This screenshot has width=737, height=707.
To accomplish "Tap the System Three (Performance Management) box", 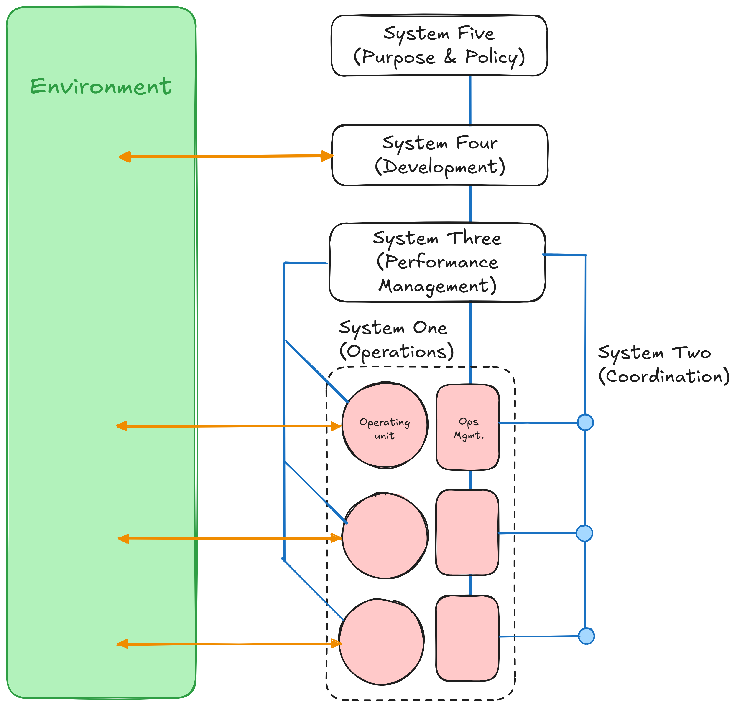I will pos(437,262).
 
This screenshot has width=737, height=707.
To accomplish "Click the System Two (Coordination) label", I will pos(663,364).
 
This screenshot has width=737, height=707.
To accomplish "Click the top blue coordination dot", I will pos(585,423).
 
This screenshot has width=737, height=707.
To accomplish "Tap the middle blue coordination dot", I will pos(584,533).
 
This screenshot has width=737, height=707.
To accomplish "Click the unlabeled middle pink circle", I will pos(385,536).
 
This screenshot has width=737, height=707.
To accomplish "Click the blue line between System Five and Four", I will pos(470,100).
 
